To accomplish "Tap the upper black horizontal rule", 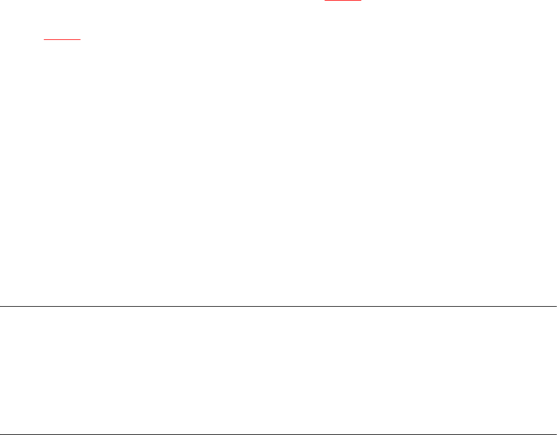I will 278,306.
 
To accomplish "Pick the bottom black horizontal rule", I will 278,434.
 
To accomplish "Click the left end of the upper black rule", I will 1,306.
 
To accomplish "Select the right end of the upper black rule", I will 556,306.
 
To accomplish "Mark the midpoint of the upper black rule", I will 278,306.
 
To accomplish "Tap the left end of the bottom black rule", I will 1,434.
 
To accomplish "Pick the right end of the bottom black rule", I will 556,434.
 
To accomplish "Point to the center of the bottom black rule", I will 278,434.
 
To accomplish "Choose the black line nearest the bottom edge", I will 278,434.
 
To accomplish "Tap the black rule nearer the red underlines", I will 278,306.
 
